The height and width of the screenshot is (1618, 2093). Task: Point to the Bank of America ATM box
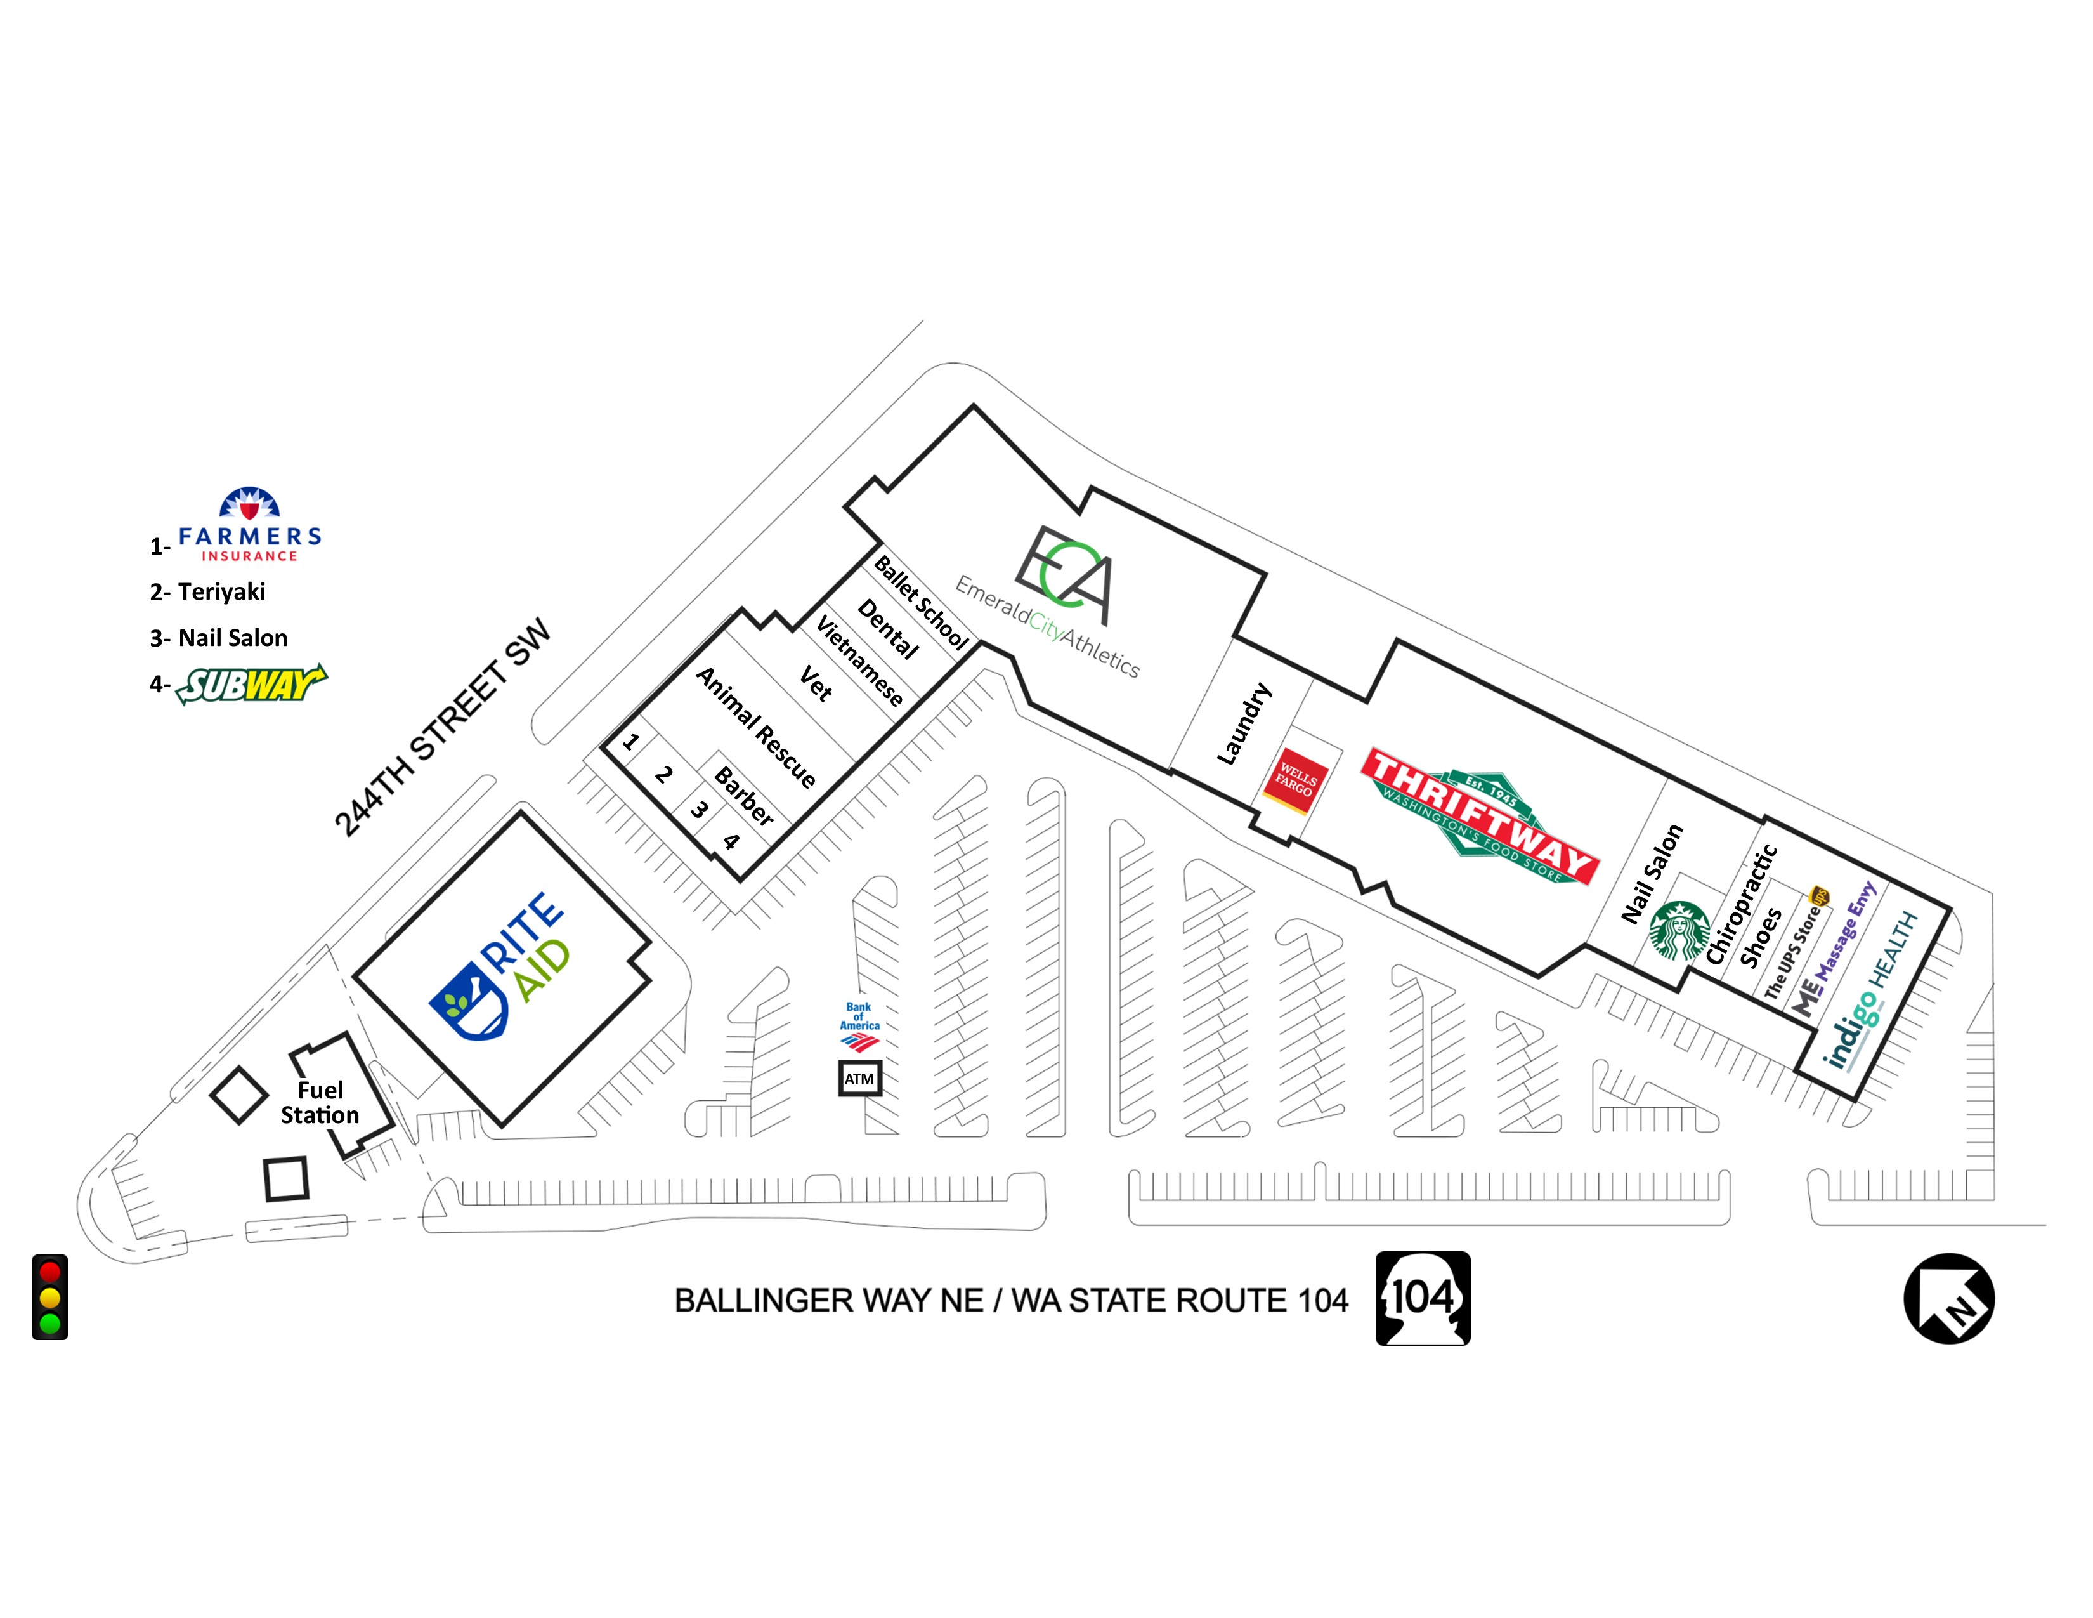tap(859, 1078)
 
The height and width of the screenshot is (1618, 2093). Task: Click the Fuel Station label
tap(320, 1102)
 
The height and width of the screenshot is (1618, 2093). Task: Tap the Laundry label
tap(1244, 724)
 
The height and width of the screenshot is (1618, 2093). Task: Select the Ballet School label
tap(921, 603)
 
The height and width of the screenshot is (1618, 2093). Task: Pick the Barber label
tap(745, 796)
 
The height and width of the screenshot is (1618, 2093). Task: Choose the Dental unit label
tap(887, 628)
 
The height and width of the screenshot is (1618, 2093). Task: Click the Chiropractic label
tap(1741, 904)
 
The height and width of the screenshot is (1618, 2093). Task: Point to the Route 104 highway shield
tap(1422, 1298)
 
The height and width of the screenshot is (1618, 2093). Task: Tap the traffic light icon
tap(50, 1297)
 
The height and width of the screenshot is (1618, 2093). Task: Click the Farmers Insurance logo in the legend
tap(249, 525)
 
